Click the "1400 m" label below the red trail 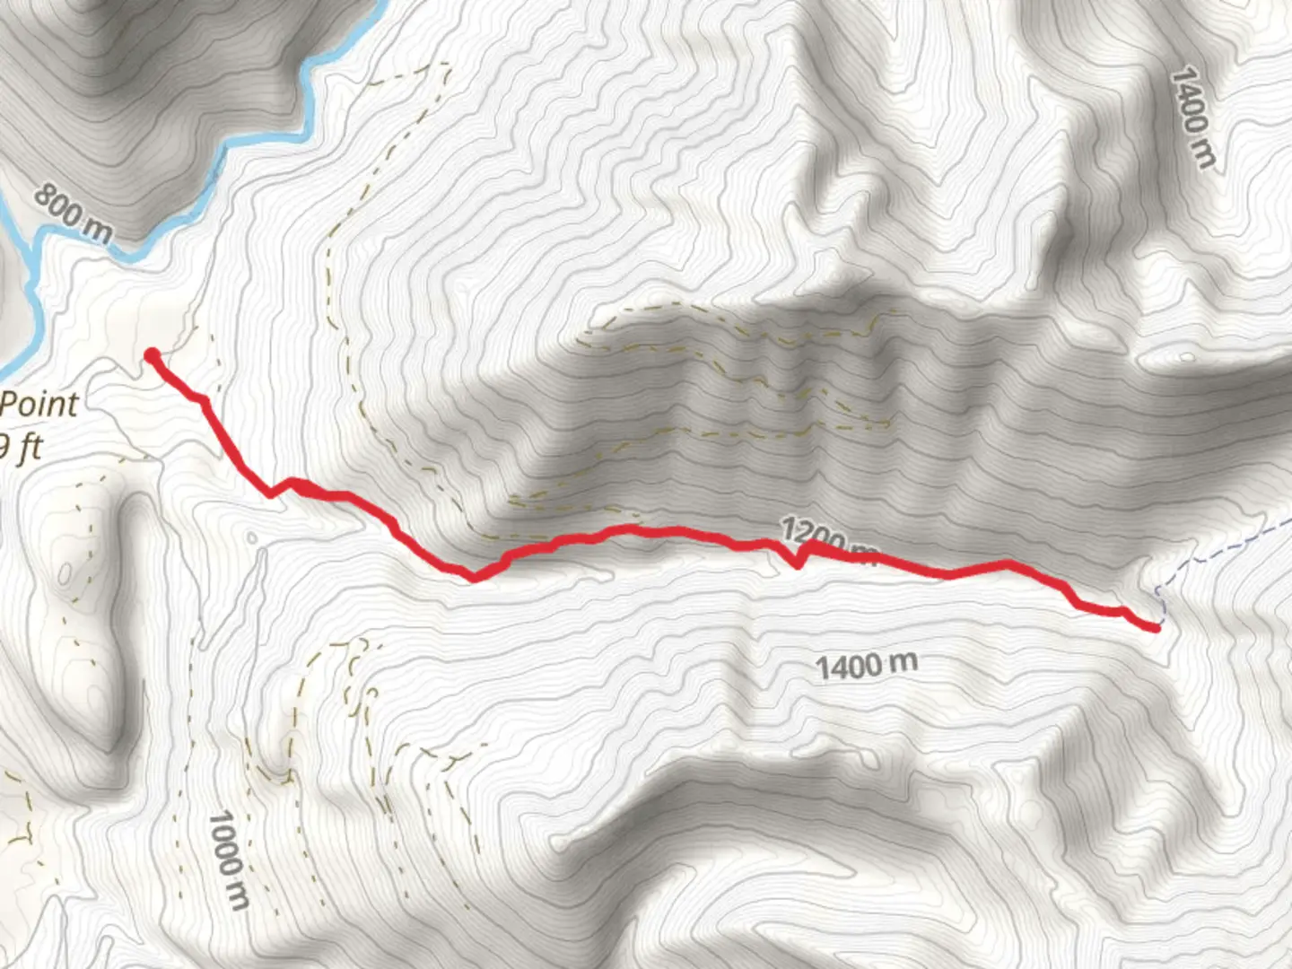(867, 666)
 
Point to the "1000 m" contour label (227, 860)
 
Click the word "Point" (39, 405)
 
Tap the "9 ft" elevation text (22, 446)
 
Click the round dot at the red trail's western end (153, 355)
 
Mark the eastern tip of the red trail (1155, 627)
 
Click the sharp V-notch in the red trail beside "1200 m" (797, 565)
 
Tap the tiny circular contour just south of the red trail (252, 538)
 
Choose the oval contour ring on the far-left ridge (65, 572)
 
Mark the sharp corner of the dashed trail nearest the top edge (446, 65)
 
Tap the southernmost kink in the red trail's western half (474, 578)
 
